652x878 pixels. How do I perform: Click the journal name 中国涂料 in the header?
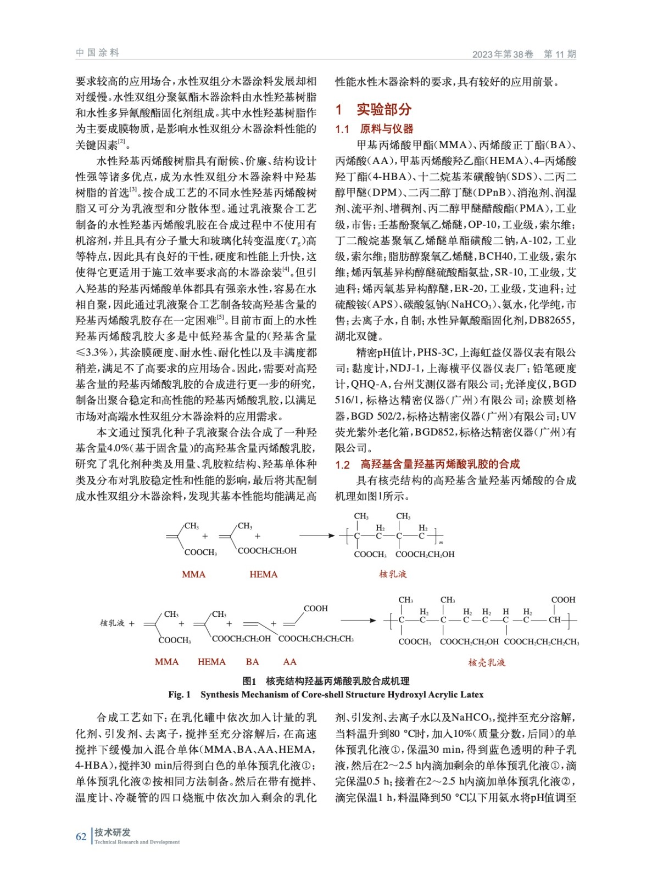pyautogui.click(x=97, y=53)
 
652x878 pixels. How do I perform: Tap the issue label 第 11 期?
pyautogui.click(x=559, y=54)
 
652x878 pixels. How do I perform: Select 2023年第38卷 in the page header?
pyautogui.click(x=502, y=54)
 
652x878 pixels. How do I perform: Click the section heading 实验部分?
pyautogui.click(x=383, y=109)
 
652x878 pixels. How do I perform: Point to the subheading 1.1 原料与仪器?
pyautogui.click(x=374, y=129)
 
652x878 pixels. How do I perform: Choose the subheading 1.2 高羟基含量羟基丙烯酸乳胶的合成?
pyautogui.click(x=427, y=464)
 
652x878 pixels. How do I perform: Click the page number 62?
pyautogui.click(x=81, y=837)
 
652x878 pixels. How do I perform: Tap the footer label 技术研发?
pyautogui.click(x=113, y=832)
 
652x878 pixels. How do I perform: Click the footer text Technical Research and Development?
pyautogui.click(x=137, y=842)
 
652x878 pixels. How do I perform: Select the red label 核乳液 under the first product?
pyautogui.click(x=392, y=574)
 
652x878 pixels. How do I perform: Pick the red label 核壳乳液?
pyautogui.click(x=486, y=662)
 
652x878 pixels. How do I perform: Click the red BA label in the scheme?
pyautogui.click(x=252, y=662)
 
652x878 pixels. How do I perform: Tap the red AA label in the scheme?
pyautogui.click(x=289, y=662)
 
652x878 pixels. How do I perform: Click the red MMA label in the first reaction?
pyautogui.click(x=193, y=575)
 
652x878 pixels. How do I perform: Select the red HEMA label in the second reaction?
pyautogui.click(x=211, y=662)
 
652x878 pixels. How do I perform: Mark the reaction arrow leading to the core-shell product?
pyautogui.click(x=358, y=621)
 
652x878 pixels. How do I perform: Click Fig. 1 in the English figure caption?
pyautogui.click(x=180, y=695)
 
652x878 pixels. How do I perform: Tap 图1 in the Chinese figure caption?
pyautogui.click(x=249, y=681)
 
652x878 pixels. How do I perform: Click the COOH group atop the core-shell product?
pyautogui.click(x=563, y=600)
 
